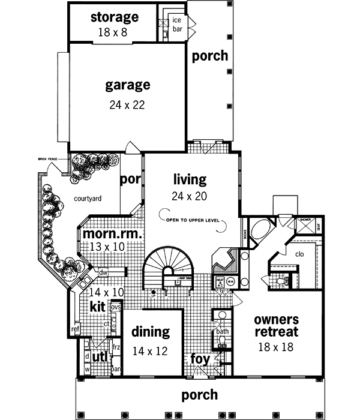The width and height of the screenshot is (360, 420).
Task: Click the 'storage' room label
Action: point(115,17)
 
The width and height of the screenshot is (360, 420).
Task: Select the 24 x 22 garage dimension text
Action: point(127,104)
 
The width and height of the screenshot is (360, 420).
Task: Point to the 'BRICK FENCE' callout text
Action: point(47,158)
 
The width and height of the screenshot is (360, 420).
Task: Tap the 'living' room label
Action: point(190,179)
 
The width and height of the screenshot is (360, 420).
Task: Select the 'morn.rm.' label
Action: point(112,234)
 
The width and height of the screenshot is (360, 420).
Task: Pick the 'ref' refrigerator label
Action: point(75,329)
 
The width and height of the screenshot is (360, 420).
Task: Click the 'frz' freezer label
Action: point(116,347)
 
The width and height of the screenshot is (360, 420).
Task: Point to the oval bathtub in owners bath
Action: point(262,231)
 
